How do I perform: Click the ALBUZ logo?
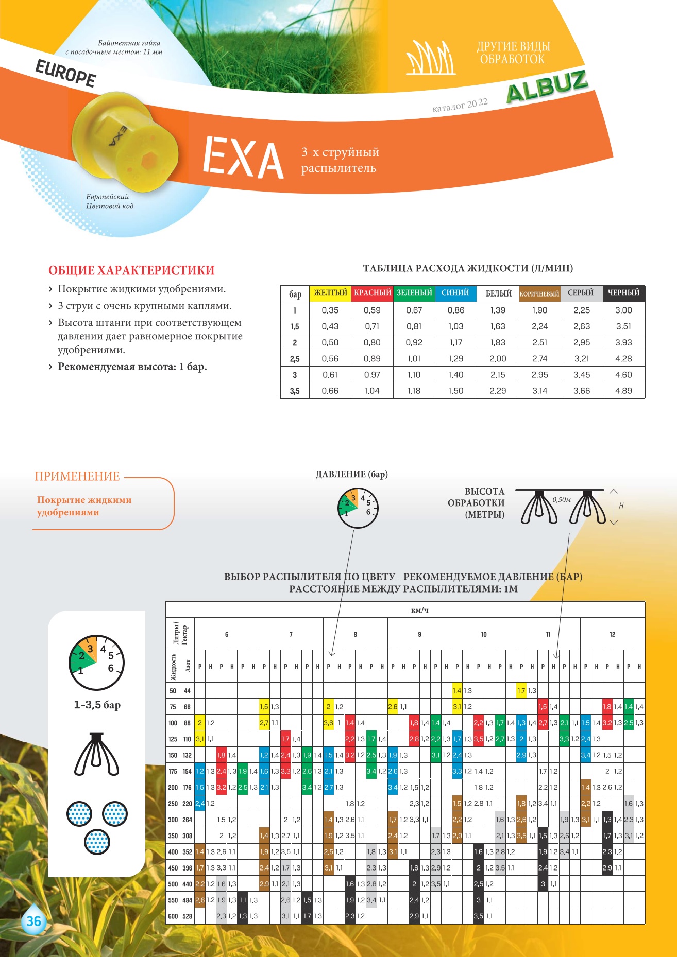coord(547,86)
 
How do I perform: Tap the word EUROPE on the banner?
coord(65,74)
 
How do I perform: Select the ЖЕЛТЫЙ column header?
coord(330,293)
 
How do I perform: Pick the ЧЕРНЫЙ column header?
coord(623,293)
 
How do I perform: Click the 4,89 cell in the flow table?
coord(623,391)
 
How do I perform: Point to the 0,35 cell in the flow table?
coord(330,310)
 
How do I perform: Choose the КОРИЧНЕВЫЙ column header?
coord(539,293)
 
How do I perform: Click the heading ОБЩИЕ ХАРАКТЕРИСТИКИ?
coord(131,270)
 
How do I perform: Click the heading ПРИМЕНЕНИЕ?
coord(77,476)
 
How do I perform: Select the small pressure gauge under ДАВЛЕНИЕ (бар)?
coord(358,508)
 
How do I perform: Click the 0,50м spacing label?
coord(562,499)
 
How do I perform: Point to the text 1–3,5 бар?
coord(97,704)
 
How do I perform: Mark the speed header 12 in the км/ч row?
coord(612,634)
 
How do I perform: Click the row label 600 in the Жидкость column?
coord(173,916)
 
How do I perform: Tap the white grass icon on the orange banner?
coord(431,57)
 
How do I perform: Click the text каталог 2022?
coord(460,105)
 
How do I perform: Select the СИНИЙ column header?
coord(455,293)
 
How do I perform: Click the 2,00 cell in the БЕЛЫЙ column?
coord(498,359)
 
